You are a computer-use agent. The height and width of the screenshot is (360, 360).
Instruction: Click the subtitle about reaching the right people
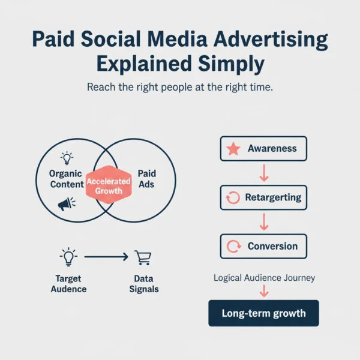click(x=180, y=88)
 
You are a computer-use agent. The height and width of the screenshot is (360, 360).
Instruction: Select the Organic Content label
click(x=67, y=179)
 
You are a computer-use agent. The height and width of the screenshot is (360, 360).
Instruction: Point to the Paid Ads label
click(x=146, y=179)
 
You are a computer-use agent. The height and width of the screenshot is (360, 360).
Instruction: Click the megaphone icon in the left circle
click(x=66, y=204)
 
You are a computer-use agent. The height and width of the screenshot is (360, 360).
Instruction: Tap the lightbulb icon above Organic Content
click(x=67, y=158)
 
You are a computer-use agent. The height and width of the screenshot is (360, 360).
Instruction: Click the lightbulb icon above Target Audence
click(x=68, y=257)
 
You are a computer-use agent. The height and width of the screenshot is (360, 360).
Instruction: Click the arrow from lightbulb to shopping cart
click(x=106, y=257)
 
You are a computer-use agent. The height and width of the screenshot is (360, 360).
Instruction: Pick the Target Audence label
click(x=68, y=284)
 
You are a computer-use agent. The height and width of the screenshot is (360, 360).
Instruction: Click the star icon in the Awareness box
click(x=233, y=149)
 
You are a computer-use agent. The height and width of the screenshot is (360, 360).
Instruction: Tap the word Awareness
click(x=272, y=149)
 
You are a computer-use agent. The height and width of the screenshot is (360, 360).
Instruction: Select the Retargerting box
click(x=263, y=197)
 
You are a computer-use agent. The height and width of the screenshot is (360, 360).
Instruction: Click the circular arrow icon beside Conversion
click(x=233, y=246)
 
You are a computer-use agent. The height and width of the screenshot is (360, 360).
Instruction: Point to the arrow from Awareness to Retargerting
click(x=263, y=173)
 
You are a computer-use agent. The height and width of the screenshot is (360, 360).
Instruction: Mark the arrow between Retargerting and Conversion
click(x=263, y=222)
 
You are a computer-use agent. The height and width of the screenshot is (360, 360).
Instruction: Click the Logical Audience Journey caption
click(x=263, y=278)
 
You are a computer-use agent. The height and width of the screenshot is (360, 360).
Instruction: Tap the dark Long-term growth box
click(x=263, y=313)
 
